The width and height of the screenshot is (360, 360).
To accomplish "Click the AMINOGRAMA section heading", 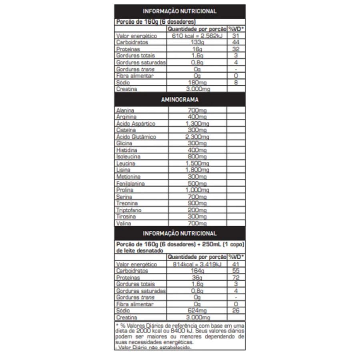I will [x=180, y=100].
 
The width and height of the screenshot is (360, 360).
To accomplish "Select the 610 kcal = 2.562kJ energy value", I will [x=197, y=36].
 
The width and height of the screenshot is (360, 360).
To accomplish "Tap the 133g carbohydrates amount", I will [x=197, y=42].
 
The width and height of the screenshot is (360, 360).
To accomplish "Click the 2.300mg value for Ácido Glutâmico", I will [x=197, y=137].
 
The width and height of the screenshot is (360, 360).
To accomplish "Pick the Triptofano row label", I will [x=128, y=210].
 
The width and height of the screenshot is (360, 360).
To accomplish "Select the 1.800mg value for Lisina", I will [x=197, y=170].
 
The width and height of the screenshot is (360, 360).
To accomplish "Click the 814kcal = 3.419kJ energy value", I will [x=197, y=264].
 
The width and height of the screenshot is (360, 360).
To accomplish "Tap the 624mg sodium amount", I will [x=197, y=311].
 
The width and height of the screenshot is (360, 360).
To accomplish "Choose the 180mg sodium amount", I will [x=197, y=82].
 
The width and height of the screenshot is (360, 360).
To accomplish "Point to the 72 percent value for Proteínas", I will [x=236, y=278].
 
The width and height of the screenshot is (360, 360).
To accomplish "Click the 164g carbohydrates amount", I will [x=197, y=271].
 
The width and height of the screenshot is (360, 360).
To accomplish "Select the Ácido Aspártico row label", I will [x=135, y=124].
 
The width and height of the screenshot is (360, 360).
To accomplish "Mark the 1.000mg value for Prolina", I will [x=197, y=190].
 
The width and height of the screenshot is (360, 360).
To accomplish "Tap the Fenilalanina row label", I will [x=130, y=184].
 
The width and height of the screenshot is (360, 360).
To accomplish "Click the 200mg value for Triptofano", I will [x=197, y=210].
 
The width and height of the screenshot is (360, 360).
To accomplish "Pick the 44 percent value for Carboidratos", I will [x=236, y=42].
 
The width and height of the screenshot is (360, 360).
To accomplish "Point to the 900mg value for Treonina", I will [x=197, y=204].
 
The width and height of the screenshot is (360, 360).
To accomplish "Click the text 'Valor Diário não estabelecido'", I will [x=154, y=347].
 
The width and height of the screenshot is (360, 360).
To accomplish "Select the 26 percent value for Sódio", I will [x=236, y=311].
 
